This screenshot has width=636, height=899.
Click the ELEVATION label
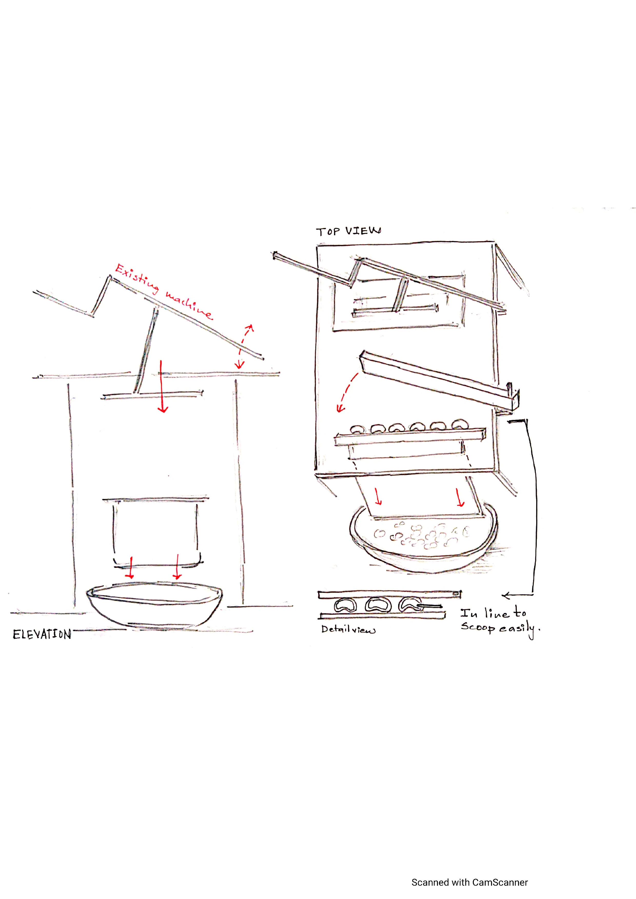tap(42, 634)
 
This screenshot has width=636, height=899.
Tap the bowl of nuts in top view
tap(423, 539)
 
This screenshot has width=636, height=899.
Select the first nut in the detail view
tap(345, 606)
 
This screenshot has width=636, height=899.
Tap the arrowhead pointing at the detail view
tap(506, 596)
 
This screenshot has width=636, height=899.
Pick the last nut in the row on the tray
tap(460, 424)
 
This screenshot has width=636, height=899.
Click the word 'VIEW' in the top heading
tap(363, 231)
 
